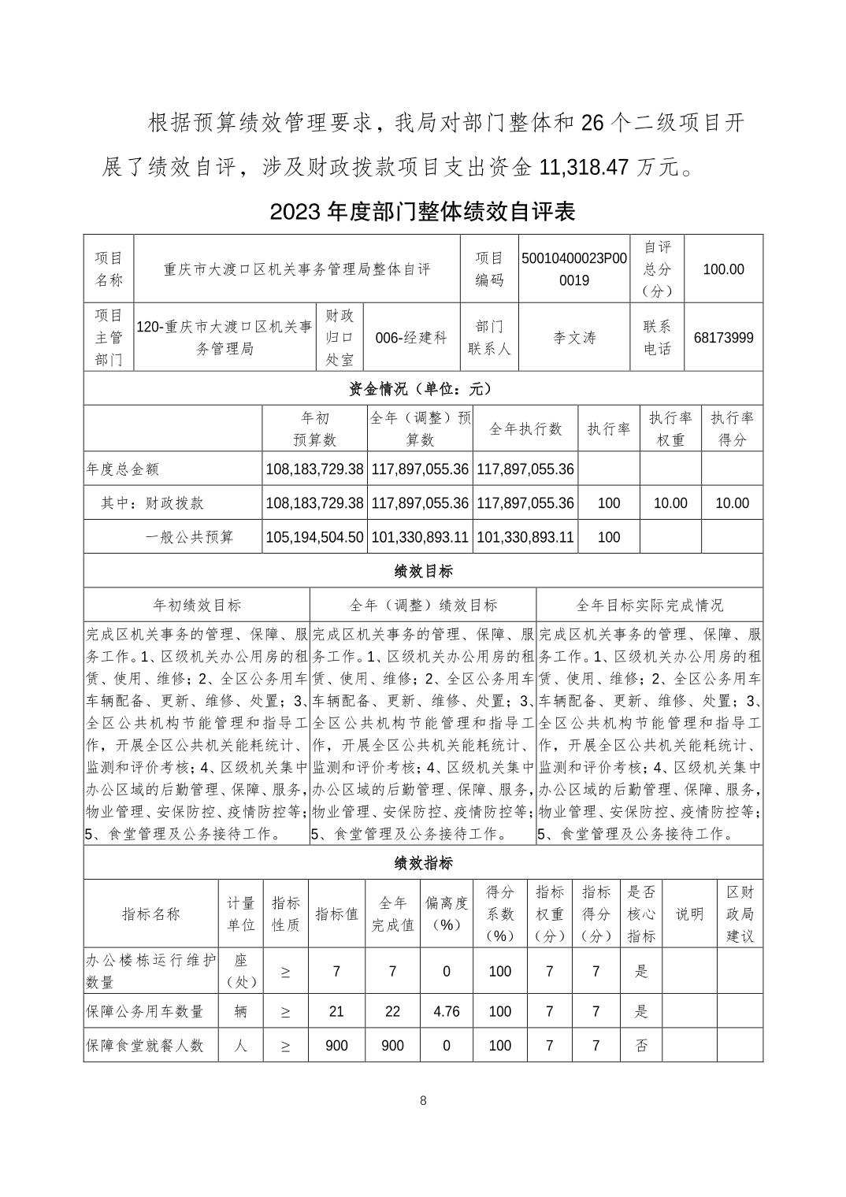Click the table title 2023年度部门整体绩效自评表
click(x=423, y=212)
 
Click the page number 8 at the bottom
click(x=423, y=1101)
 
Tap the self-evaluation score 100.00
click(x=723, y=269)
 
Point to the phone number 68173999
click(x=723, y=338)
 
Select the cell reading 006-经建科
click(x=410, y=338)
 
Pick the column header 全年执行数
click(x=525, y=429)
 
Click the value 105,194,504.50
click(x=314, y=537)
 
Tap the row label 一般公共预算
click(x=190, y=537)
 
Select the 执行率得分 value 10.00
click(x=732, y=503)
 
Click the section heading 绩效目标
click(x=423, y=571)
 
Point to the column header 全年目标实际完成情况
click(x=649, y=605)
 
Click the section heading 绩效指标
click(x=423, y=863)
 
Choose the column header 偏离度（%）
click(x=447, y=913)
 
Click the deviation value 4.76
click(x=447, y=1011)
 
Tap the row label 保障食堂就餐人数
click(x=145, y=1046)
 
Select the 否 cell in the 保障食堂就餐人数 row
click(x=641, y=1046)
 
